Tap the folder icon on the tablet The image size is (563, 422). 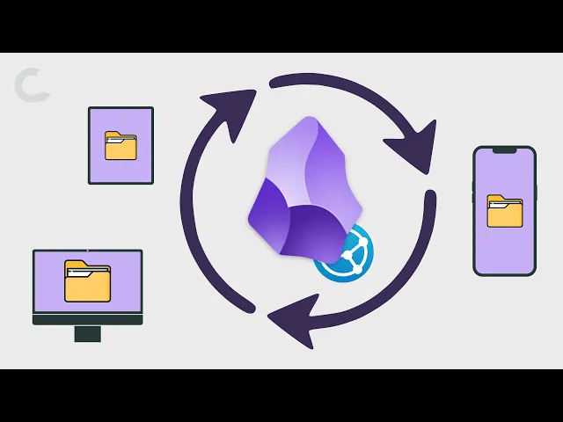(x=121, y=146)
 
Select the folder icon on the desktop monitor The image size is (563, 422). (x=87, y=281)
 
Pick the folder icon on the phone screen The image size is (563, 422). (x=504, y=212)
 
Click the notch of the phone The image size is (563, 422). (x=504, y=150)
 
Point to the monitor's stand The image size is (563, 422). (x=87, y=333)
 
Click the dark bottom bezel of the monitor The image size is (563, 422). (x=87, y=320)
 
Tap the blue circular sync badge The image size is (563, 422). (x=344, y=252)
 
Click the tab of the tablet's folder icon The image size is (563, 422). (x=113, y=135)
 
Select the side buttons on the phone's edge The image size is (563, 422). (x=473, y=189)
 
